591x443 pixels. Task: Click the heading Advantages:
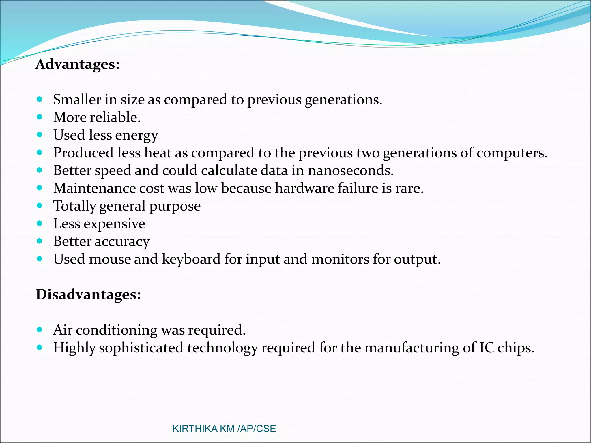click(x=77, y=64)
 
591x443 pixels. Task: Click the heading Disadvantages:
click(x=88, y=294)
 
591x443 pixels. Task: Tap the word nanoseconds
click(x=350, y=170)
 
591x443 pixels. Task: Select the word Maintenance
click(x=94, y=188)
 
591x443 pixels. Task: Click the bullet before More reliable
click(x=40, y=117)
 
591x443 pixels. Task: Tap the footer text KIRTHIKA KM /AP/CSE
click(x=224, y=429)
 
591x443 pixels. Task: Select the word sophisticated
click(x=141, y=348)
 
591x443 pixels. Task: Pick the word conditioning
click(x=117, y=330)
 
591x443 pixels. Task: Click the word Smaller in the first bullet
click(x=77, y=100)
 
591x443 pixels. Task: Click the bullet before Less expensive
click(x=40, y=223)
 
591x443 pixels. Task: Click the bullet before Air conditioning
click(x=40, y=330)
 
